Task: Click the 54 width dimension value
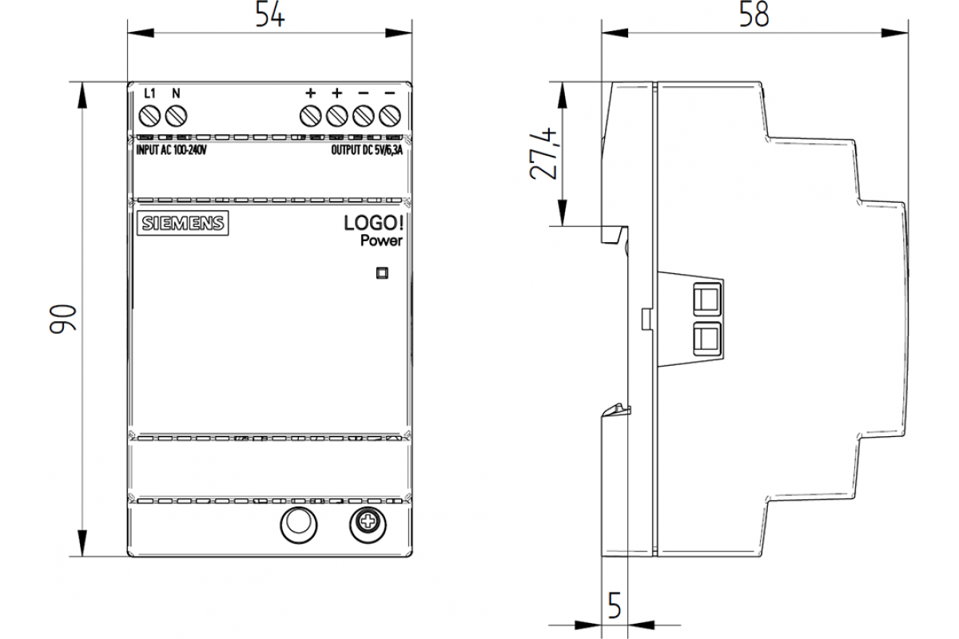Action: click(270, 14)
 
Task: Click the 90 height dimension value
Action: click(62, 319)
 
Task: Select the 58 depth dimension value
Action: click(754, 14)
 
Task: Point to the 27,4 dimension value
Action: click(543, 153)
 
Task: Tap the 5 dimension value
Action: click(615, 605)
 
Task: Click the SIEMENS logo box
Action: click(183, 223)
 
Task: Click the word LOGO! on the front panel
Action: click(373, 223)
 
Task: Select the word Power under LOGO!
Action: click(381, 240)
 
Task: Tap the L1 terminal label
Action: click(149, 93)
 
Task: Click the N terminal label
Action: click(176, 93)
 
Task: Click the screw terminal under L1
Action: click(150, 116)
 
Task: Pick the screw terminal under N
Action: click(176, 116)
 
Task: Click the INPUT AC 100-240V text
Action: click(171, 150)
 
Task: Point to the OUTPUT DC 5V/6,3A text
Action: click(367, 150)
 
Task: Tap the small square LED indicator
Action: click(382, 273)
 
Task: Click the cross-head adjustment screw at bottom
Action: click(368, 524)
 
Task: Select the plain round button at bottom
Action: click(298, 524)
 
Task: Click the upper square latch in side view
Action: click(706, 300)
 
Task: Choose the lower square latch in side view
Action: click(706, 339)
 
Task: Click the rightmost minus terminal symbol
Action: click(390, 93)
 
